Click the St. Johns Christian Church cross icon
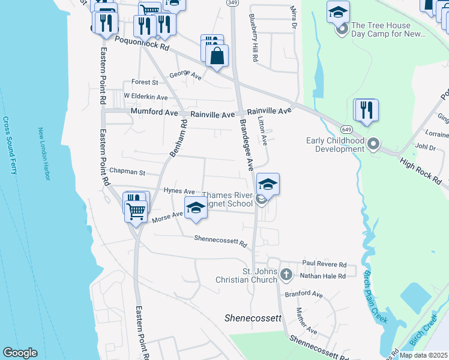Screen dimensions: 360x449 (286, 275)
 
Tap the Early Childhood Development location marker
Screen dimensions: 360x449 (373, 144)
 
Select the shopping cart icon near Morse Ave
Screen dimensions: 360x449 (136, 211)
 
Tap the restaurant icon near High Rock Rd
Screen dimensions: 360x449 (366, 110)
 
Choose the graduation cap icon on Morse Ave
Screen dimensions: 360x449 (196, 208)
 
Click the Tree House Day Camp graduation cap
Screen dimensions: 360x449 (339, 11)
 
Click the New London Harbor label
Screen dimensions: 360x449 (46, 151)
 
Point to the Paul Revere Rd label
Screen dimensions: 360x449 (324, 264)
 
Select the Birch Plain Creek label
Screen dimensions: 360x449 (374, 296)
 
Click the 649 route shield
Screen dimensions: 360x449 (346, 129)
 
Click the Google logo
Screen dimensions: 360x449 (20, 353)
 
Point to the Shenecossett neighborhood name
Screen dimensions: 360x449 (253, 318)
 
